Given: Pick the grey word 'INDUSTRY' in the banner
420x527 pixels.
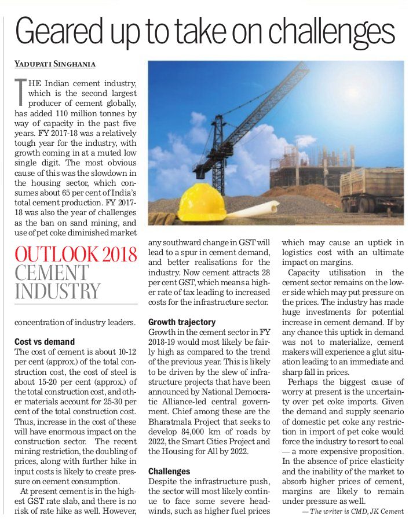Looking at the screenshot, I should tap(57, 291).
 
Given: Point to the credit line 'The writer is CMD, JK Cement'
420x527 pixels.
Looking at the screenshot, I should tap(352, 512).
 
